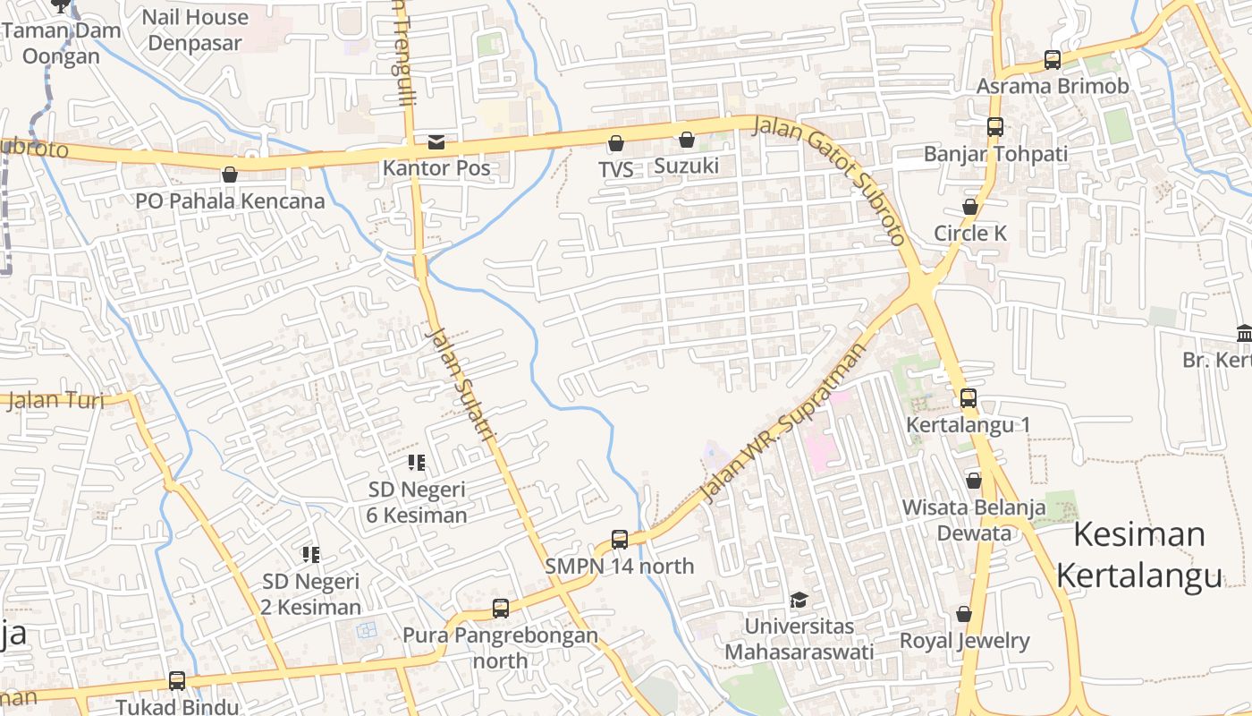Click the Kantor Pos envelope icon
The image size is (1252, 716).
pos(436,141)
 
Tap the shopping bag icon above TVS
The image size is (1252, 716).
pos(615,143)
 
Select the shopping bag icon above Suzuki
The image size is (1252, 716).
pos(686,140)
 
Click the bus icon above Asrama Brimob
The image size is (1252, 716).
pos(1053,60)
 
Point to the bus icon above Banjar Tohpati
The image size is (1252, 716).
pos(995,127)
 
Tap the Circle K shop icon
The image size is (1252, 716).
pos(970,207)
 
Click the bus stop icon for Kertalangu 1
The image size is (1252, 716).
pos(969,397)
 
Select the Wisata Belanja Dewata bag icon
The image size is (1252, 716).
pos(974,481)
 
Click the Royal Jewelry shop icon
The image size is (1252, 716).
pos(964,614)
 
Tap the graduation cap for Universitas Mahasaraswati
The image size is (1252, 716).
pos(798,600)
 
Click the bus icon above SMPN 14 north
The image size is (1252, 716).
pos(620,540)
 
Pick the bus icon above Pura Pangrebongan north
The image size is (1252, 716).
pos(501,609)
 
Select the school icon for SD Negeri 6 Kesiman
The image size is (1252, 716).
pos(416,463)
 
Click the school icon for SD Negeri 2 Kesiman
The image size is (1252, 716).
pos(310,555)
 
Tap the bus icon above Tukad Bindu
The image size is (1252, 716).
pos(177,680)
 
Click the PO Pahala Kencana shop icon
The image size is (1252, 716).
pos(230,175)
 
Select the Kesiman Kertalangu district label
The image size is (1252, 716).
pos(1138,555)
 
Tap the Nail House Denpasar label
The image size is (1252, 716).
pos(195,30)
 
